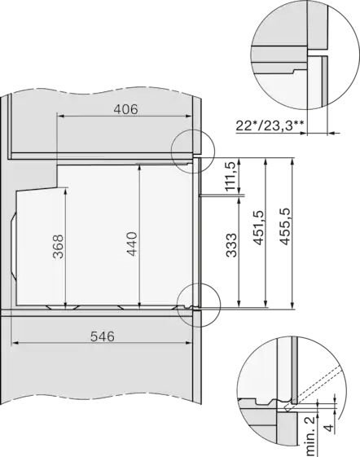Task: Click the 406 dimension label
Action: pyautogui.click(x=124, y=108)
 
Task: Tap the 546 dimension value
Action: pyautogui.click(x=102, y=335)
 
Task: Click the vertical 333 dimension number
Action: pyautogui.click(x=231, y=244)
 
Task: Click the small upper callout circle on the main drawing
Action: pyautogui.click(x=194, y=149)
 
